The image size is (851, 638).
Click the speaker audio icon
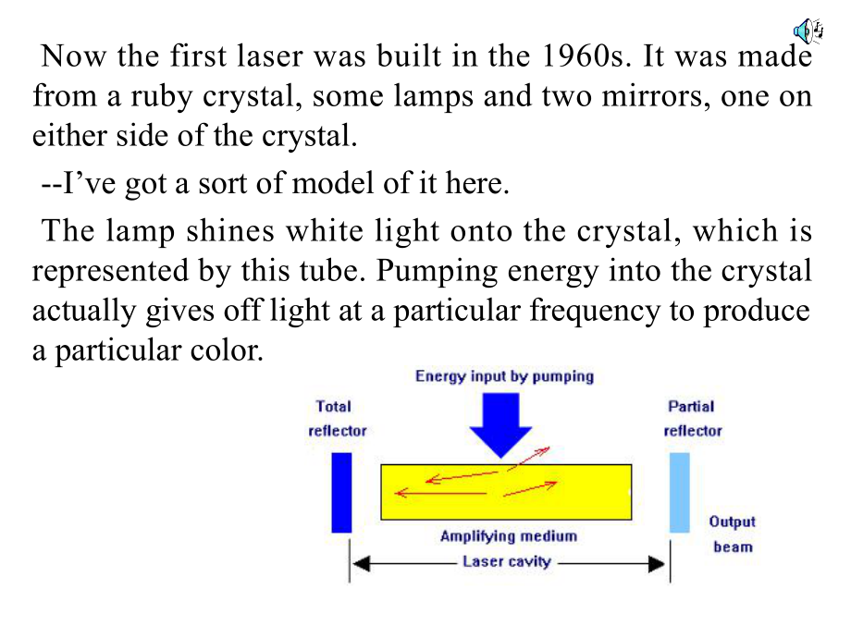[x=808, y=31]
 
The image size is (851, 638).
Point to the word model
[x=333, y=183]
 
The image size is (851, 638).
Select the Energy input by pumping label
[x=504, y=376]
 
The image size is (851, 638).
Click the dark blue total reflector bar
[x=341, y=493]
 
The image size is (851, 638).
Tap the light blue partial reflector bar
[x=680, y=493]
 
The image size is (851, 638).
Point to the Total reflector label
[x=337, y=418]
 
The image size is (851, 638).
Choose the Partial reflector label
[x=693, y=418]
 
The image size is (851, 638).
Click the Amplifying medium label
[x=509, y=536]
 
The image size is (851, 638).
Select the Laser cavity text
[x=506, y=561]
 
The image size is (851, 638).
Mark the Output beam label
[x=733, y=534]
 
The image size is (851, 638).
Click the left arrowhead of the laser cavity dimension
[x=361, y=564]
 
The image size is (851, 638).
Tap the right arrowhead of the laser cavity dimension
[x=656, y=564]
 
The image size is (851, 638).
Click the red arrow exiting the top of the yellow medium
[x=528, y=459]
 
